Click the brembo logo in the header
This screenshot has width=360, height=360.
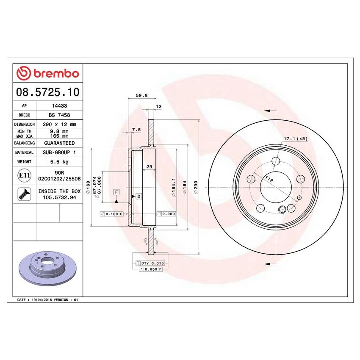(47, 73)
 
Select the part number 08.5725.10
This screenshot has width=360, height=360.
(47, 91)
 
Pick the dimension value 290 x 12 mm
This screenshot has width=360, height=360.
(59, 125)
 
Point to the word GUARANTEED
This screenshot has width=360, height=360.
(59, 143)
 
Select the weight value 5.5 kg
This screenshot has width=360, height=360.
(59, 162)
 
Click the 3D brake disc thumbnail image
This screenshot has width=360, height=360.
(47, 270)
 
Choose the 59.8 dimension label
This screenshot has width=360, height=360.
(142, 96)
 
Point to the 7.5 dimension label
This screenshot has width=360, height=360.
(136, 129)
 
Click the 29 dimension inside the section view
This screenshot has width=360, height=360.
(149, 167)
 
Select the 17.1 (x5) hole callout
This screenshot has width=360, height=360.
(295, 138)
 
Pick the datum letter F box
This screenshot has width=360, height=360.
(116, 192)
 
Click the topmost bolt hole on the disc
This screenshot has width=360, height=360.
(276, 161)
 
